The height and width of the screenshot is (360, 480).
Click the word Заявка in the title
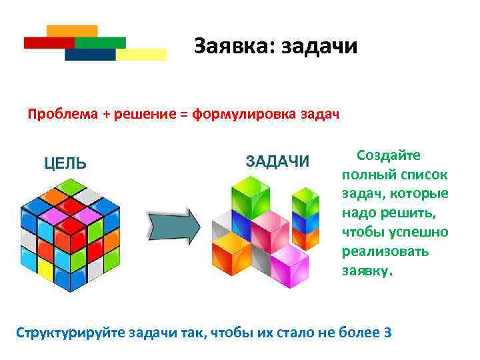coord(233,47)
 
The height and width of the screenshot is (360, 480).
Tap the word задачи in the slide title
coord(319,47)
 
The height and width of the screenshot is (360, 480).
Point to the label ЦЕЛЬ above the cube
coord(65,163)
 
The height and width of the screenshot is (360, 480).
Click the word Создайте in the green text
coord(389,155)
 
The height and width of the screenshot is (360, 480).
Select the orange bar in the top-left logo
coord(72,31)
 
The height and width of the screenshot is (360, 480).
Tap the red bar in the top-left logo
coord(48,43)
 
